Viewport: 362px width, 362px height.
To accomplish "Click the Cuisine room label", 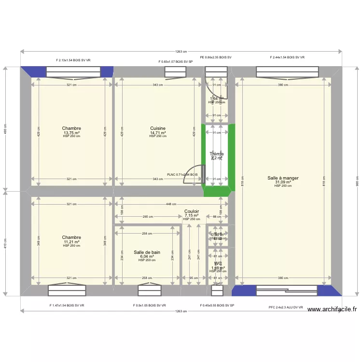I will click(158, 128).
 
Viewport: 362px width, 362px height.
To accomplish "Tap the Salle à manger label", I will click(283, 178).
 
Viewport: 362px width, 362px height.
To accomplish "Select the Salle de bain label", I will click(147, 252).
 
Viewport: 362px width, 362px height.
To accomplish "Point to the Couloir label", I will click(192, 211).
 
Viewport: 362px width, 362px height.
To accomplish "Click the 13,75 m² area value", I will click(71, 133).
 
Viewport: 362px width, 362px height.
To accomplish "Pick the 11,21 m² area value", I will click(71, 242).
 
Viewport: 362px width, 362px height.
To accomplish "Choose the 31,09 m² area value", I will click(283, 182).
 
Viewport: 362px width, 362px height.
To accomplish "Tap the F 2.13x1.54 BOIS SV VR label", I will click(73, 61).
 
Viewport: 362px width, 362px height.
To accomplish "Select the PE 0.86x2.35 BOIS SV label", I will click(216, 57).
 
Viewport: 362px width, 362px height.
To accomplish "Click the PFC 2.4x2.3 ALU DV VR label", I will click(286, 307).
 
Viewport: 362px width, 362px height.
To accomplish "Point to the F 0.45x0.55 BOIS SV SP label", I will click(217, 305).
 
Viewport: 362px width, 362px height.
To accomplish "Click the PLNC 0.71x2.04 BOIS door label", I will click(182, 175).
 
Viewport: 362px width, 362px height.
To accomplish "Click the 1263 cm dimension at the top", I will click(181, 52).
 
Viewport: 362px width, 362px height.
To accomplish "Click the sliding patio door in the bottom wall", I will click(286, 291).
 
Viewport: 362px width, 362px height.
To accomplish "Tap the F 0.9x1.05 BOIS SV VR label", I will click(150, 305).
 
